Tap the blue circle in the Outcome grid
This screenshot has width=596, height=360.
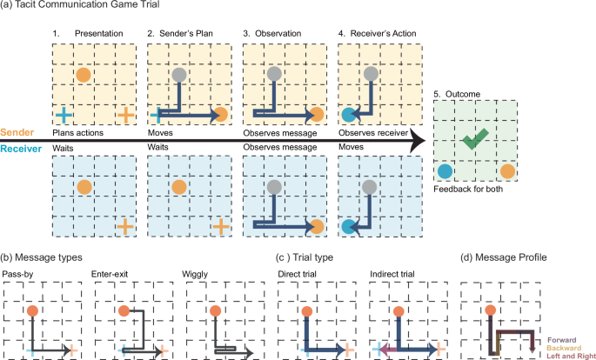445,171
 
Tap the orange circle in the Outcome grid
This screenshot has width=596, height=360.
508,171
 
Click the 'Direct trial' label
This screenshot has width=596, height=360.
298,275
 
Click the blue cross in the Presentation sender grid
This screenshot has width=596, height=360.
63,114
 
